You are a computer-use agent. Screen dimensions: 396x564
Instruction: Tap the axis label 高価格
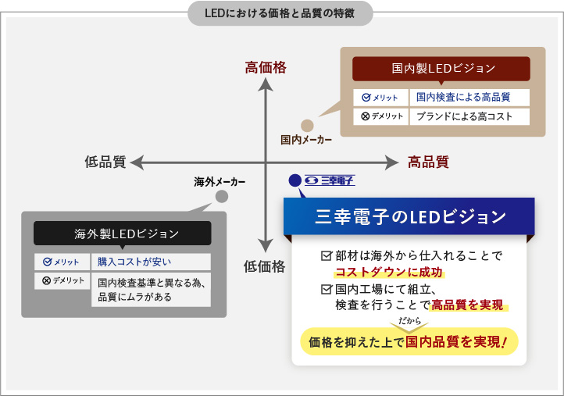(x=266, y=68)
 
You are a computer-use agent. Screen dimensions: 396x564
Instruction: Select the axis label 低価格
(x=264, y=266)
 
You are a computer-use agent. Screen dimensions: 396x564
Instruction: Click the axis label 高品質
(x=428, y=162)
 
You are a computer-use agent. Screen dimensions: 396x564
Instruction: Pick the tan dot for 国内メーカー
(x=307, y=125)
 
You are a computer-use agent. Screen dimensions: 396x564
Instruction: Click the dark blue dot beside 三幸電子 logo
(x=294, y=180)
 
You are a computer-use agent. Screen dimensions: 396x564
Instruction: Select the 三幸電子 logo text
(x=330, y=180)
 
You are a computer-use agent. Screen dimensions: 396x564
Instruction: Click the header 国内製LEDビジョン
(x=442, y=68)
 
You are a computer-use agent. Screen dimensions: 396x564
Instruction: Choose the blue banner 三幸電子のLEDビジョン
(x=409, y=216)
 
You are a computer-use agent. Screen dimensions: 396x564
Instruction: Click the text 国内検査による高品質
(x=462, y=98)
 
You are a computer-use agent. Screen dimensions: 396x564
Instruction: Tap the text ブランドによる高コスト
(x=464, y=116)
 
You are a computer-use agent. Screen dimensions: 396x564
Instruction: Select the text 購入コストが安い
(x=134, y=262)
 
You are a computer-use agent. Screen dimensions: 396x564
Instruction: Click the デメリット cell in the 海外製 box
(x=63, y=280)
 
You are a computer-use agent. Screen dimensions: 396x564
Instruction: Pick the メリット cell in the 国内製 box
(x=380, y=98)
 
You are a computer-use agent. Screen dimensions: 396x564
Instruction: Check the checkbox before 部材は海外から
(x=327, y=255)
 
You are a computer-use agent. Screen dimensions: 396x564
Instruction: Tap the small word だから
(x=409, y=321)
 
